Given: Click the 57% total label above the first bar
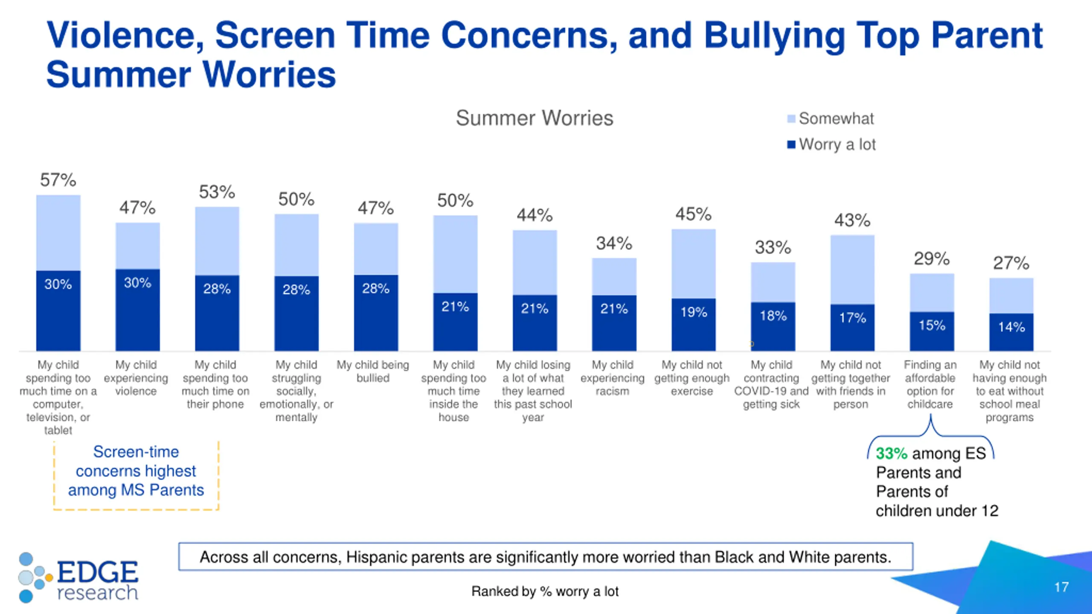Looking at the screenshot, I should [58, 180].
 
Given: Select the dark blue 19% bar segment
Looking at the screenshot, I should [694, 324].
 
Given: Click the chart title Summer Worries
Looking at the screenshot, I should [534, 118].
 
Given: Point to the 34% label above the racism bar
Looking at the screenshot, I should [614, 243].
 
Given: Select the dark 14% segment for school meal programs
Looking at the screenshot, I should [1011, 332].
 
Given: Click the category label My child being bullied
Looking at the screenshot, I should [373, 371].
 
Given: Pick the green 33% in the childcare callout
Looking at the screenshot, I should [891, 453].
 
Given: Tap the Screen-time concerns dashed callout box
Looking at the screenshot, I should [136, 475].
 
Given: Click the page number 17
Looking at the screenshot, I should [1061, 587].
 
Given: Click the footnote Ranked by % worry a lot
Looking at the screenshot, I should [545, 591].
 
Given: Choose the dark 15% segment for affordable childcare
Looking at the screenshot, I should [932, 331].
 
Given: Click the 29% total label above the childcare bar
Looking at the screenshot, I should [932, 259].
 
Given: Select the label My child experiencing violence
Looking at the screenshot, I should [136, 378].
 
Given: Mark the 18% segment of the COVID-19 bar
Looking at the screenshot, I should [773, 326].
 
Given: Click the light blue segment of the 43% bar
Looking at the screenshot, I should [852, 269].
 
